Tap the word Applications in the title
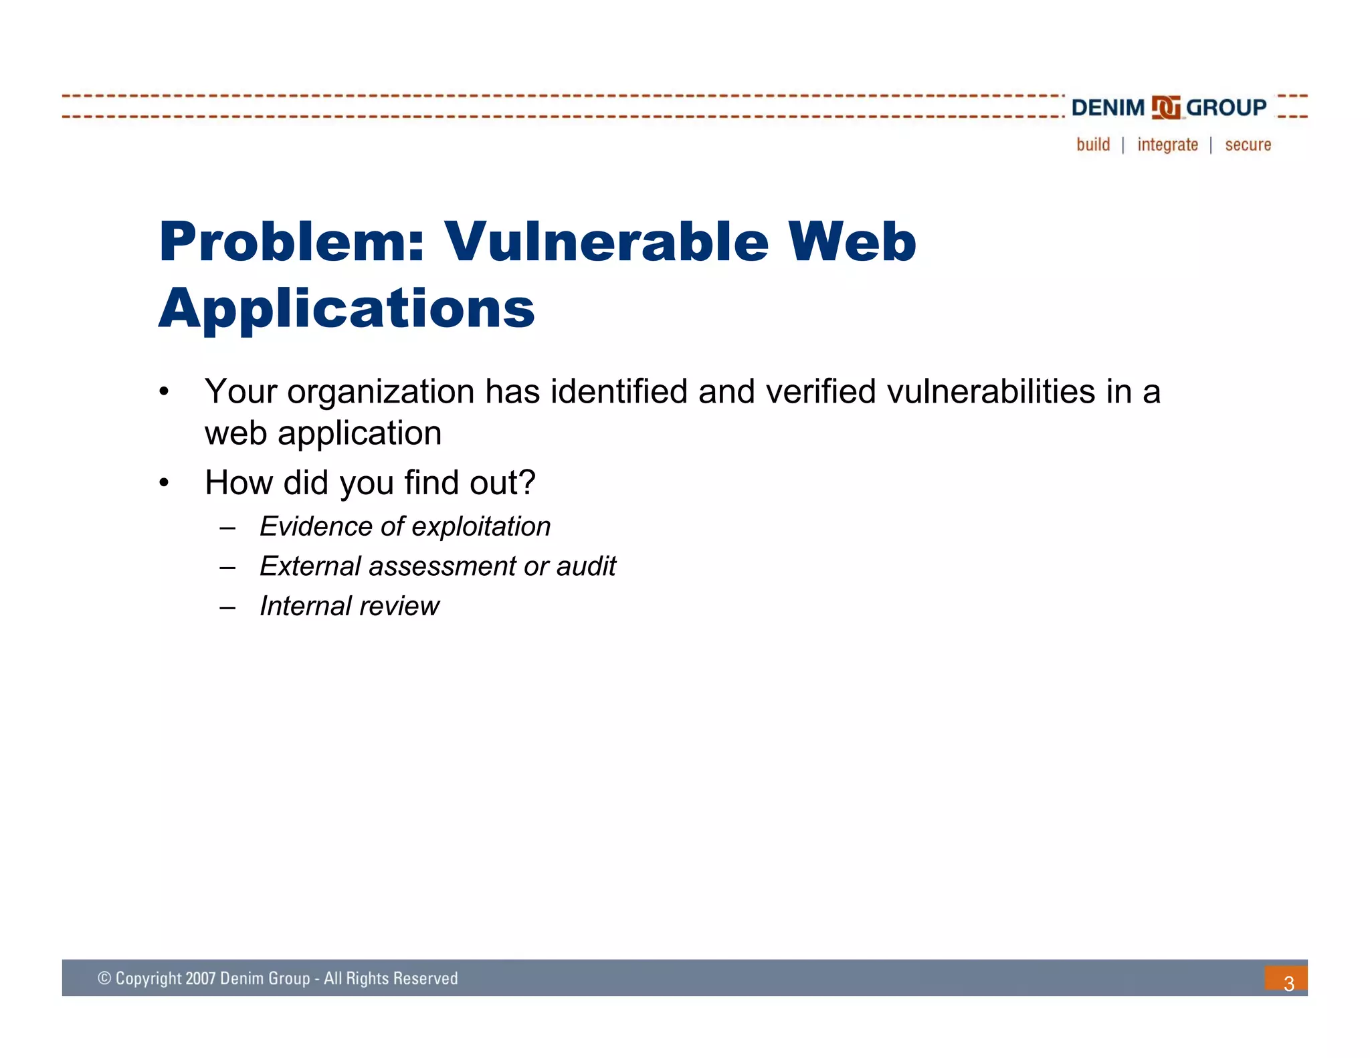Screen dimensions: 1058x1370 point(347,309)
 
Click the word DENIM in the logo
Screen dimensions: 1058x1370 point(1108,108)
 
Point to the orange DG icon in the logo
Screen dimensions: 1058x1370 point(1166,108)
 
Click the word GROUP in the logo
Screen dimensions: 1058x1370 point(1226,108)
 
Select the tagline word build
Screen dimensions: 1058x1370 point(1093,144)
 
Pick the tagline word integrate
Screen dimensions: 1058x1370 point(1167,144)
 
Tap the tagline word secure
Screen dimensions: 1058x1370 point(1248,144)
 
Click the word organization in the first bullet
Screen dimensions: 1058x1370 point(381,393)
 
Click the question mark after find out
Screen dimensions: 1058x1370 point(527,482)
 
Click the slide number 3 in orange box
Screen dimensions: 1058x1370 point(1288,982)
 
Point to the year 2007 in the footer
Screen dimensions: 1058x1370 point(200,978)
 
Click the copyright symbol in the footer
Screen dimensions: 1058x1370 point(104,978)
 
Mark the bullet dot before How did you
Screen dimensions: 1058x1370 point(164,483)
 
